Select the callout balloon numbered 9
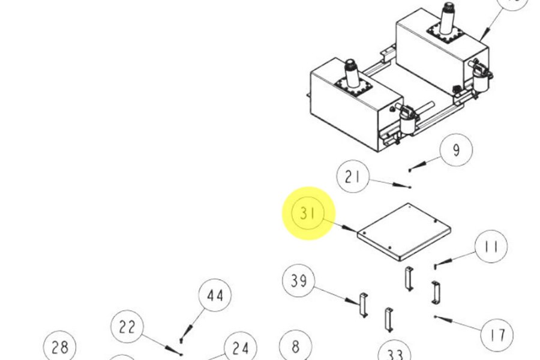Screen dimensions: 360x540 click(x=456, y=150)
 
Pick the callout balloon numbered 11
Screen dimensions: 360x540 click(x=491, y=246)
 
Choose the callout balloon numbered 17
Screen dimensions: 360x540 click(x=497, y=335)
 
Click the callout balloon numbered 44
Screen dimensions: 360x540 click(x=215, y=296)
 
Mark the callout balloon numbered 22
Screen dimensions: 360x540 click(x=127, y=327)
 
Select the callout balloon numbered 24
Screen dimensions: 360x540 click(x=241, y=348)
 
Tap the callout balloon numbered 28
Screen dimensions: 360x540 click(x=59, y=347)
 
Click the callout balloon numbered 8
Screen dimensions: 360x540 click(x=295, y=346)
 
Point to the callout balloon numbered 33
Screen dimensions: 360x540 click(x=395, y=353)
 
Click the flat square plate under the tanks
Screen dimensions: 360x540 click(x=403, y=232)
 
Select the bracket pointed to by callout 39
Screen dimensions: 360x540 click(x=362, y=304)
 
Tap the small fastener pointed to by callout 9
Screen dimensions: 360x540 click(x=410, y=170)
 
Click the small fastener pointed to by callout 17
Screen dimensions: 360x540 click(x=434, y=316)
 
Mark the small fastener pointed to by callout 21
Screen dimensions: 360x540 click(x=409, y=187)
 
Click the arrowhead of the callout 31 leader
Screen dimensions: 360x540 click(x=354, y=230)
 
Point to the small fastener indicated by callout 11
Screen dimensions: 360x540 click(x=435, y=265)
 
